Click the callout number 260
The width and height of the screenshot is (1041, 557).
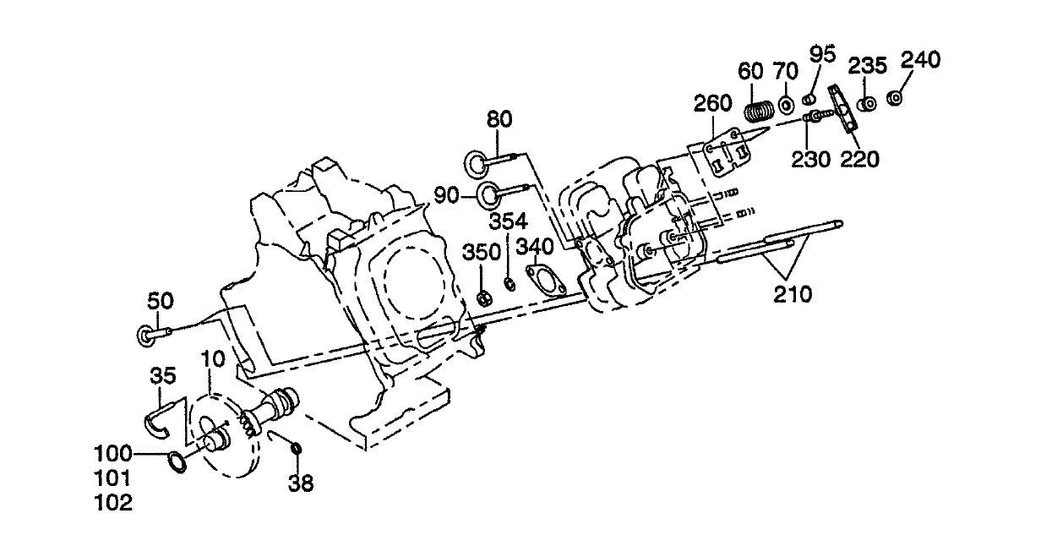pyautogui.click(x=713, y=106)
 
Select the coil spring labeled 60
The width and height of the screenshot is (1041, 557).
pyautogui.click(x=759, y=111)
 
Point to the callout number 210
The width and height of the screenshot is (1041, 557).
pyautogui.click(x=793, y=294)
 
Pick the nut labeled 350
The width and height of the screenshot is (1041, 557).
pyautogui.click(x=484, y=298)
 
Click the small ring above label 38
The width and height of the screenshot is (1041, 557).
pyautogui.click(x=296, y=447)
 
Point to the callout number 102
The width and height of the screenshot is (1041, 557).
pyautogui.click(x=113, y=502)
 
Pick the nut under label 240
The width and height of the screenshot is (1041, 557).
pyautogui.click(x=896, y=98)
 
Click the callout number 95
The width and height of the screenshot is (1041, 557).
pyautogui.click(x=822, y=54)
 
